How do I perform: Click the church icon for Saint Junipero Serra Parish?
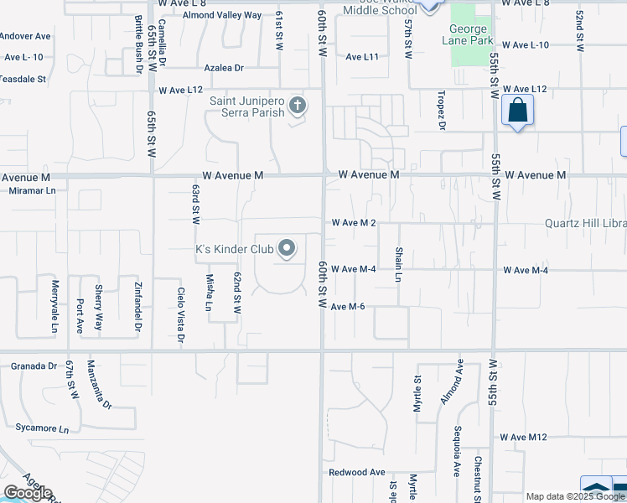click(x=296, y=106)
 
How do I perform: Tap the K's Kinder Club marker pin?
click(x=287, y=248)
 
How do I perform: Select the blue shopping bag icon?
click(x=518, y=111)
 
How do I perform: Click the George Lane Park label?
click(x=469, y=34)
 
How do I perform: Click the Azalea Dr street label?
click(x=224, y=68)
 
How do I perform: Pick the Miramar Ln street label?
click(x=28, y=190)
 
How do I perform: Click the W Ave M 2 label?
click(x=353, y=223)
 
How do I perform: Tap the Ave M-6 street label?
click(x=347, y=307)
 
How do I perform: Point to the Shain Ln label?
click(x=400, y=264)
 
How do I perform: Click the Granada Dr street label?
click(x=34, y=366)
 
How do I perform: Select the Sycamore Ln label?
click(x=41, y=428)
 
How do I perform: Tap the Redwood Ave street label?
click(x=357, y=472)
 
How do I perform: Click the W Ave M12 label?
click(x=523, y=437)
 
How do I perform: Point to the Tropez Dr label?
click(x=440, y=113)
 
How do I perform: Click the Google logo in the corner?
click(x=28, y=493)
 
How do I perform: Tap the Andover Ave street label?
click(x=25, y=37)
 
